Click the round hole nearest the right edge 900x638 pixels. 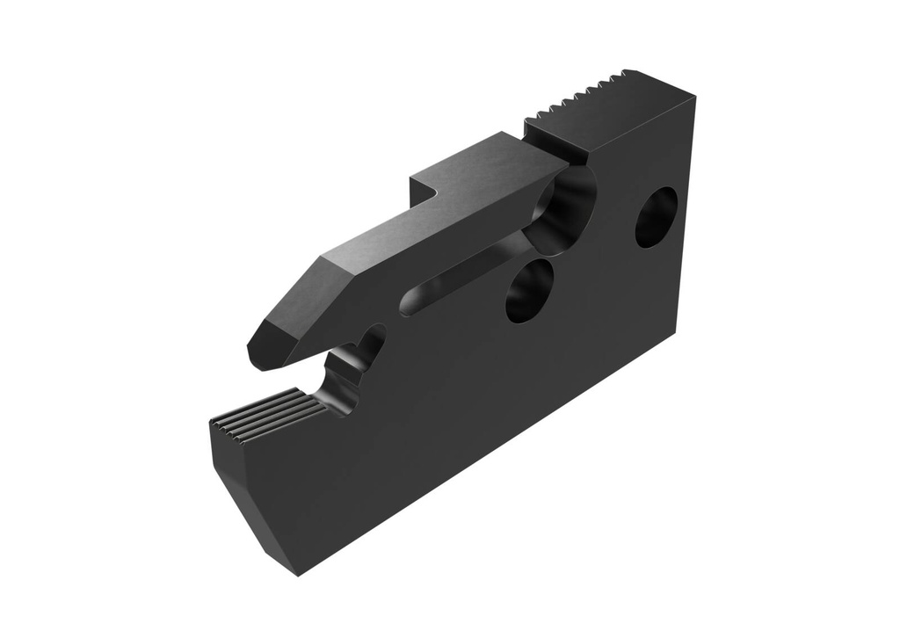[656, 217]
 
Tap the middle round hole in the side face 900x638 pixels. [529, 291]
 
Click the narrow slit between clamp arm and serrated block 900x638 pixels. [576, 159]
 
